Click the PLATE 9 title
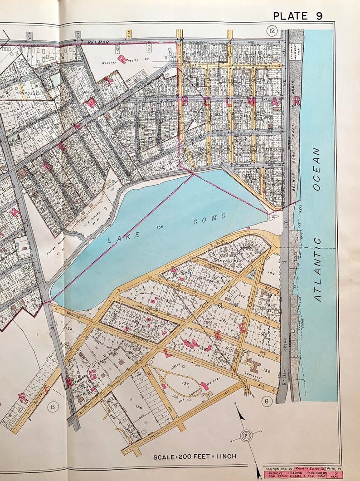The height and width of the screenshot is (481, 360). coord(297,16)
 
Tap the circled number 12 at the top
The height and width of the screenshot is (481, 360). coord(272,30)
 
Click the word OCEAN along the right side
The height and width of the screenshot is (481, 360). coord(316,168)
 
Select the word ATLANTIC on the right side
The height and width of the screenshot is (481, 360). coord(317,270)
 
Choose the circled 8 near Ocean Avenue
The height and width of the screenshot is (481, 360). coord(268,401)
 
